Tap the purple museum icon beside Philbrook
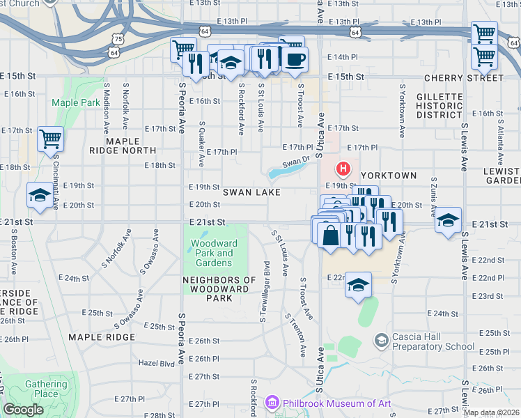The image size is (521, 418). pyautogui.click(x=272, y=403)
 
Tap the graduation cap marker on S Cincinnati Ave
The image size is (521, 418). pyautogui.click(x=40, y=195)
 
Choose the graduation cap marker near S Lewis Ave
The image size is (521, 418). pyautogui.click(x=448, y=219)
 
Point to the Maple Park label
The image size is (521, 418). pyautogui.click(x=75, y=102)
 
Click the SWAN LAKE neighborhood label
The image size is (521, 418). pyautogui.click(x=251, y=192)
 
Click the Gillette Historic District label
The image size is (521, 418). pyautogui.click(x=440, y=105)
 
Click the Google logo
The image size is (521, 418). pyautogui.click(x=23, y=410)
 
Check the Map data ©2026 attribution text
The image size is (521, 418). pyautogui.click(x=491, y=412)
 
